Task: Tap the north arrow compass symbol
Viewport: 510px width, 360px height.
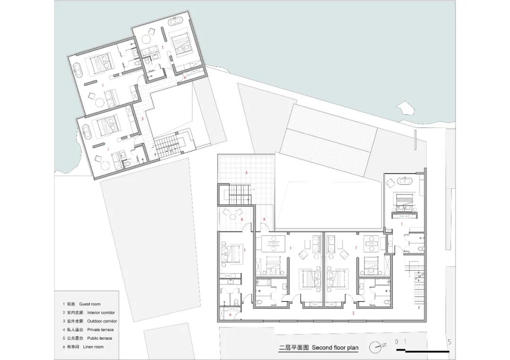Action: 377,346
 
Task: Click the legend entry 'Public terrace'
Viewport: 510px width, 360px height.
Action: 87,338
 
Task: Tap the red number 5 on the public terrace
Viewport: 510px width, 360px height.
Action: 246,173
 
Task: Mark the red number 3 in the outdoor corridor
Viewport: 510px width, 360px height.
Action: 142,118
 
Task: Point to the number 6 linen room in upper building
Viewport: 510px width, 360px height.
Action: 185,77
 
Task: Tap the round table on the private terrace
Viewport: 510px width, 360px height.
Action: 233,216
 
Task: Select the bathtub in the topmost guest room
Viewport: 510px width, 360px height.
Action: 182,21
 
